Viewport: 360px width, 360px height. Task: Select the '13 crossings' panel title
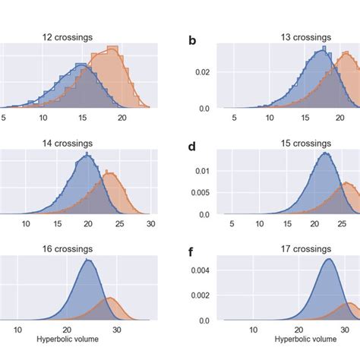point(289,36)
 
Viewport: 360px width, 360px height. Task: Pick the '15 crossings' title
point(289,142)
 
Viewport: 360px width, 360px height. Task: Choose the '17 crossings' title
point(289,248)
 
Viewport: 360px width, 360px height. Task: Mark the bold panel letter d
point(193,146)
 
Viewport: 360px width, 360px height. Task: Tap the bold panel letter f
point(193,252)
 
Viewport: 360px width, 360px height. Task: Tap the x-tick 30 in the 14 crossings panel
point(150,224)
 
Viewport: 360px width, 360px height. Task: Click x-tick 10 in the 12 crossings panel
point(43,118)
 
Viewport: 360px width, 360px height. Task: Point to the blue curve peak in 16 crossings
point(89,261)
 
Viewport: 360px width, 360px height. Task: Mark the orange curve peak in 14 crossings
point(110,174)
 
